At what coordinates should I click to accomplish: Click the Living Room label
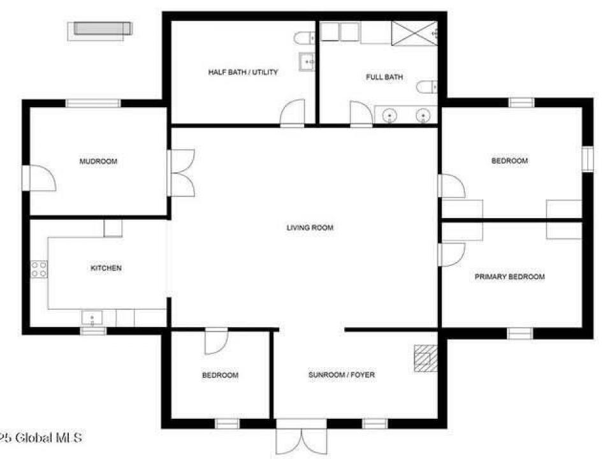pyautogui.click(x=310, y=228)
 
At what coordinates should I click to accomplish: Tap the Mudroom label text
pyautogui.click(x=98, y=161)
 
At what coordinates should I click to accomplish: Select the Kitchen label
pyautogui.click(x=106, y=268)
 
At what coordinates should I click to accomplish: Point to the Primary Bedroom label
pyautogui.click(x=510, y=277)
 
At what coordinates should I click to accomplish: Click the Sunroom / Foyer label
pyautogui.click(x=342, y=375)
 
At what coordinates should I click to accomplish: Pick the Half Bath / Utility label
pyautogui.click(x=243, y=72)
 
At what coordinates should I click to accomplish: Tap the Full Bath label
pyautogui.click(x=384, y=77)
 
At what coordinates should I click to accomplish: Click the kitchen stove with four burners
pyautogui.click(x=39, y=269)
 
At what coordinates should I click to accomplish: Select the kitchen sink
pyautogui.click(x=92, y=317)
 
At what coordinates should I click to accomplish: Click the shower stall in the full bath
pyautogui.click(x=414, y=34)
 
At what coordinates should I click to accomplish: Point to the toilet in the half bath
pyautogui.click(x=305, y=38)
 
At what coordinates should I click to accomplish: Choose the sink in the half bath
pyautogui.click(x=307, y=62)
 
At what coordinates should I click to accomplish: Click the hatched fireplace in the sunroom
pyautogui.click(x=425, y=358)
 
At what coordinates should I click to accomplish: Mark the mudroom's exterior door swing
pyautogui.click(x=39, y=178)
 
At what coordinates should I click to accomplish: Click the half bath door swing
pyautogui.click(x=293, y=113)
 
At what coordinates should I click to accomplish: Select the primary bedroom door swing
pyautogui.click(x=451, y=254)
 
